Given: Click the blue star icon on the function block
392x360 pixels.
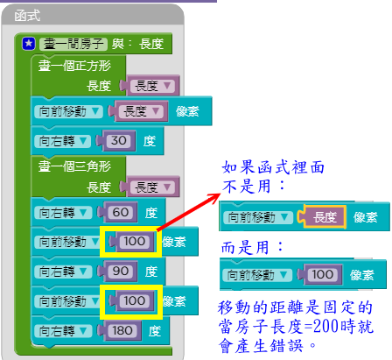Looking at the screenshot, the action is [x=29, y=44].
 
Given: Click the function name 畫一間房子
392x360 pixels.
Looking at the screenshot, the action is [x=73, y=44].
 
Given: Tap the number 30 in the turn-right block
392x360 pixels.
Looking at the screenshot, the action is [x=118, y=141].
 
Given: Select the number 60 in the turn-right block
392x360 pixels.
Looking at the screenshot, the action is [x=121, y=212].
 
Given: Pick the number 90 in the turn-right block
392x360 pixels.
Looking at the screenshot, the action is [x=121, y=271].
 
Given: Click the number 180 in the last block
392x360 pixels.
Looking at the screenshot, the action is [x=122, y=331].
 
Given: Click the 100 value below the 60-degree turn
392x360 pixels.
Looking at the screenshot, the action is [x=134, y=241].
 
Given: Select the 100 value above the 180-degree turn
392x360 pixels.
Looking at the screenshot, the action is [x=134, y=300].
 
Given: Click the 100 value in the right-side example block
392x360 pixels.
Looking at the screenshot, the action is [x=322, y=274].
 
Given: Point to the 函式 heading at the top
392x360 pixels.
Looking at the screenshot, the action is [x=27, y=16].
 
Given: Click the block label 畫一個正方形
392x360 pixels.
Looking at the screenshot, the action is [x=74, y=66].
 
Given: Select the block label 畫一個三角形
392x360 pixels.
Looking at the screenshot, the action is [x=74, y=166].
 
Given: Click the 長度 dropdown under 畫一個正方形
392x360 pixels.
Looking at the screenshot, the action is [x=152, y=86].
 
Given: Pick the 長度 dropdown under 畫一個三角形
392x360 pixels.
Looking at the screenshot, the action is [x=152, y=187].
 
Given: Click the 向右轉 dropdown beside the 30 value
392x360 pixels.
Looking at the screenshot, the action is [x=62, y=141].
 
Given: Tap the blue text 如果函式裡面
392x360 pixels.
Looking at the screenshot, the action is [x=273, y=167].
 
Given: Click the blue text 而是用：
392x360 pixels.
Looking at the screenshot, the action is [x=253, y=248].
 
